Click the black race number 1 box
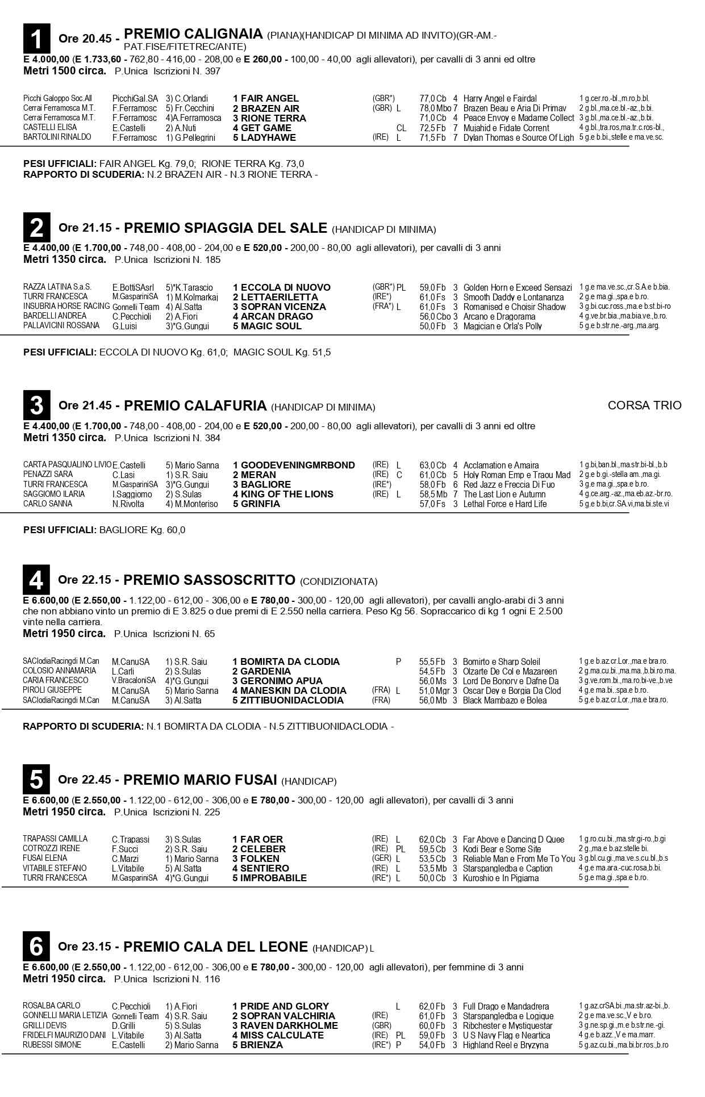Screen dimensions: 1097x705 pyautogui.click(x=36, y=39)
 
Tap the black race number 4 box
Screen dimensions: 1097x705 pyautogui.click(x=36, y=580)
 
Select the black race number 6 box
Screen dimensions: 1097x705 pyautogui.click(x=36, y=947)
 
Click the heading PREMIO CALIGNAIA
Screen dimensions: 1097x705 pyautogui.click(x=193, y=34)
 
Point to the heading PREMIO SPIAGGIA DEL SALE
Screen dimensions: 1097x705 pyautogui.click(x=226, y=228)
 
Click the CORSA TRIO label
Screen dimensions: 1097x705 pyautogui.click(x=644, y=405)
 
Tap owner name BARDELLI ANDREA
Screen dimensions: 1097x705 pyautogui.click(x=55, y=316)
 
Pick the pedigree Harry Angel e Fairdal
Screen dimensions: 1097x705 pyautogui.click(x=500, y=98)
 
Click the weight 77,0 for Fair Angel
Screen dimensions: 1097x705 pyautogui.click(x=427, y=98)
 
